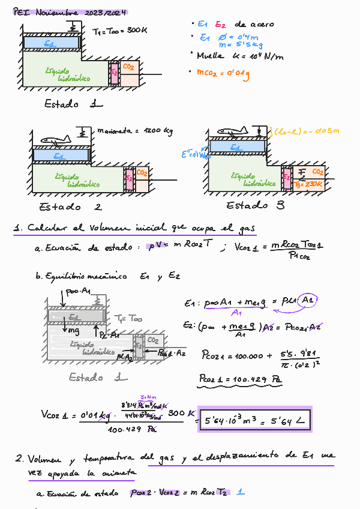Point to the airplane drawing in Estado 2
[56, 140]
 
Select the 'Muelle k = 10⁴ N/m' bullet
[240, 56]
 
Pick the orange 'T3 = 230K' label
[309, 185]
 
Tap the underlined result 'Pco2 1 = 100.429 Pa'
[240, 379]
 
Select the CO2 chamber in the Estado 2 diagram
[142, 179]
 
